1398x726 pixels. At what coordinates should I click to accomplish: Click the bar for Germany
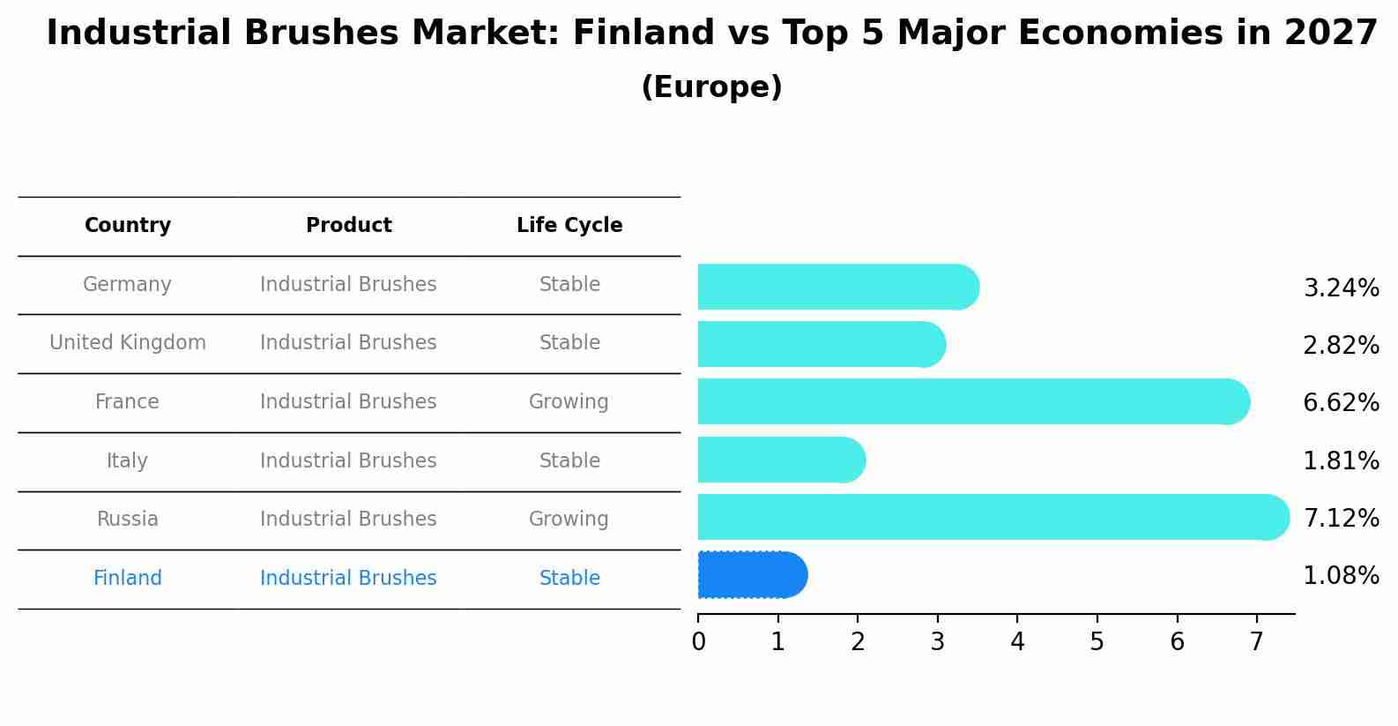[837, 287]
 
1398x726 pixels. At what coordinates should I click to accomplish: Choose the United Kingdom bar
[821, 344]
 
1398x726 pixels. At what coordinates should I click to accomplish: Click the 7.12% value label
[1341, 518]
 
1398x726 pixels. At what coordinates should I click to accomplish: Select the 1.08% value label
[1341, 576]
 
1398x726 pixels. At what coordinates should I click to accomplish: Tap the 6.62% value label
[1341, 403]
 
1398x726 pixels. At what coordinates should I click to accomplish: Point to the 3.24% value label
[1341, 288]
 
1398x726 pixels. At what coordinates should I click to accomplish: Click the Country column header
[128, 226]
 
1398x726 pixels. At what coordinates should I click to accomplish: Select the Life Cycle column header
[569, 226]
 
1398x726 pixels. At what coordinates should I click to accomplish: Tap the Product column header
[349, 226]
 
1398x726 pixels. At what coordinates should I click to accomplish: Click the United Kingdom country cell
[128, 343]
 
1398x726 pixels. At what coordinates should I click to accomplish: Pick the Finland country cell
[128, 579]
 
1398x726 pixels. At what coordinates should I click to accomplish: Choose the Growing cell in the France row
[569, 402]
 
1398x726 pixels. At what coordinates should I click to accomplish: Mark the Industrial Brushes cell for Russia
[348, 520]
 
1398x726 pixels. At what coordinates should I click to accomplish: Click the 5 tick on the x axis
[1097, 642]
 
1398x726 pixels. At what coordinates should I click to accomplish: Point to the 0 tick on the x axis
[698, 642]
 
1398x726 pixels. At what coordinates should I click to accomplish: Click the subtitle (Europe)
[711, 87]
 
